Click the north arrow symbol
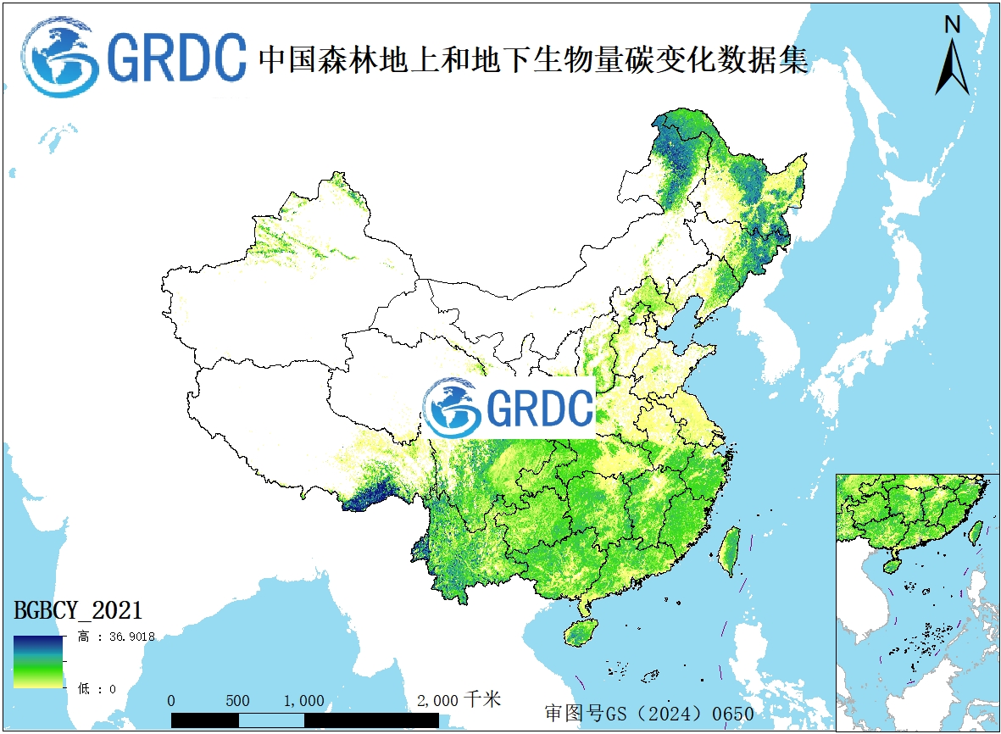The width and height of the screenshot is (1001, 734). [952, 68]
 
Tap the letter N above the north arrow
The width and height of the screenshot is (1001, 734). [953, 25]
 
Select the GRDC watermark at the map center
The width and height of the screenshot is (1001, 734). [509, 409]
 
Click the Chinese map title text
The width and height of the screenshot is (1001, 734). [533, 58]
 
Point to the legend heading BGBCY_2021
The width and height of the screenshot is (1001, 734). [77, 609]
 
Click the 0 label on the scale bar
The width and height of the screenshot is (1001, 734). [172, 701]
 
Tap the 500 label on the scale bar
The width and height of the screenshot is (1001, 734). [238, 701]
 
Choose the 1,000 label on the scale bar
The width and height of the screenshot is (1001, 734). [303, 701]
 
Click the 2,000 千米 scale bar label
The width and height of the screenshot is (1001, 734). [459, 700]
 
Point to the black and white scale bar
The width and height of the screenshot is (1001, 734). [305, 720]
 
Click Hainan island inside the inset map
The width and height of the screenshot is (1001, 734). [891, 563]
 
